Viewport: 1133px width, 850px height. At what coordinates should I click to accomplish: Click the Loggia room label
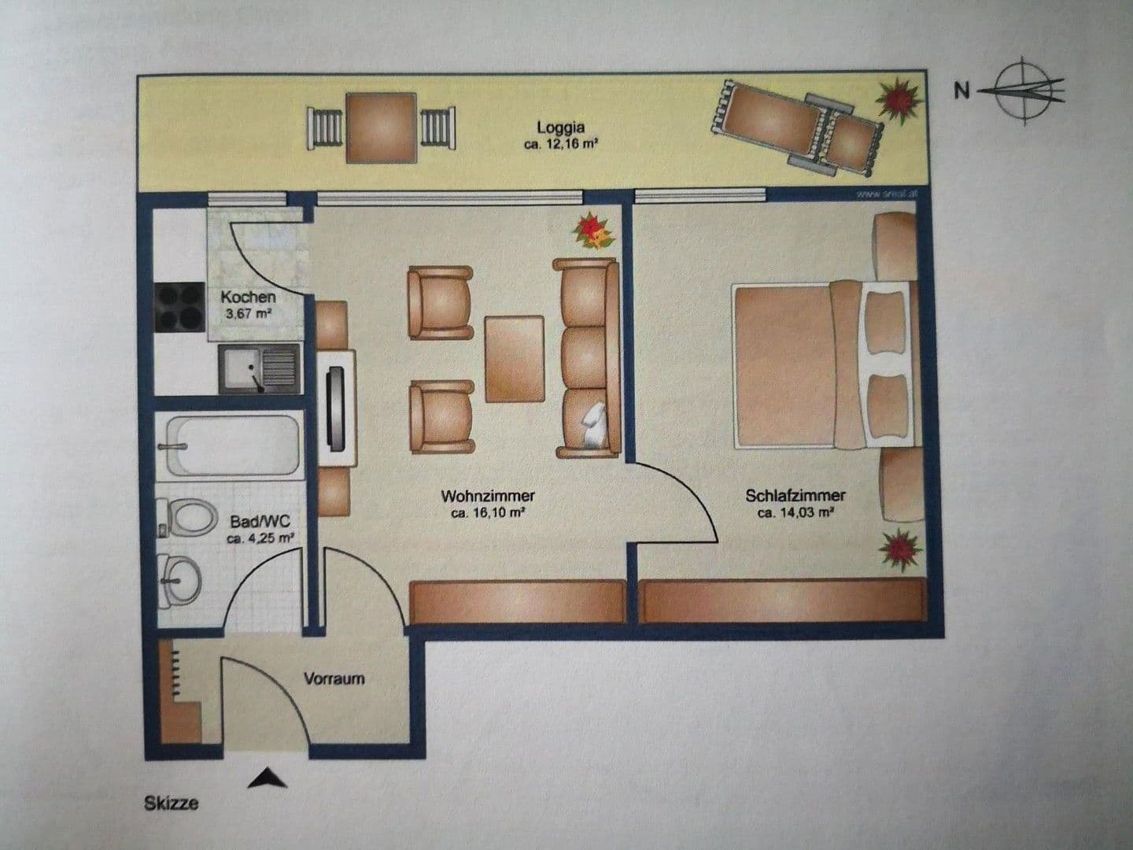click(561, 127)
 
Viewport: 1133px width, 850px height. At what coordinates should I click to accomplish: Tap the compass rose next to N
click(1028, 91)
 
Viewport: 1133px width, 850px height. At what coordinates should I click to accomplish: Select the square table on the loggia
click(381, 127)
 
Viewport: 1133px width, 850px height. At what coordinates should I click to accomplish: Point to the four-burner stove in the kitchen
click(180, 308)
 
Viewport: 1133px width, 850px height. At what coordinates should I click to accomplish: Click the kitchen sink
click(260, 368)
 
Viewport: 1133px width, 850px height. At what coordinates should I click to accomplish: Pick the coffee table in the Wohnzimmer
click(515, 358)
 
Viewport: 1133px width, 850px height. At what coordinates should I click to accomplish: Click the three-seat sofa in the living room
click(587, 358)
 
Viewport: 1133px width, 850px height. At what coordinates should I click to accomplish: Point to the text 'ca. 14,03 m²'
click(795, 512)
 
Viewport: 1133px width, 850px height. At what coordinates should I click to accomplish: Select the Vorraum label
click(334, 678)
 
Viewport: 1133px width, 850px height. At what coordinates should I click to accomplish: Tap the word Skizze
click(172, 804)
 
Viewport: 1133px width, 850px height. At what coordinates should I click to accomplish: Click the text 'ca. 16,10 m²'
click(488, 512)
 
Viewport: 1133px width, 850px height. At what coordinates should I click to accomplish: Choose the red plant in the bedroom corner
click(899, 548)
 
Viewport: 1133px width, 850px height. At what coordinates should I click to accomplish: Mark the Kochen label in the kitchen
click(248, 297)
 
